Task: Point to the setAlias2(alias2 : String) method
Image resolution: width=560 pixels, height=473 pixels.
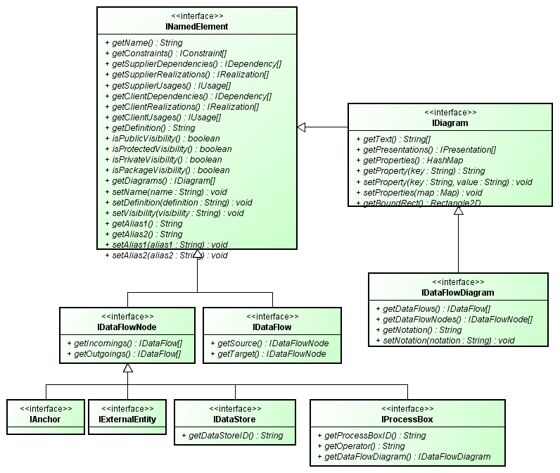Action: pyautogui.click(x=170, y=255)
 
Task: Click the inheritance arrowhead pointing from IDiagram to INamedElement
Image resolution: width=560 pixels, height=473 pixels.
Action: pyautogui.click(x=302, y=127)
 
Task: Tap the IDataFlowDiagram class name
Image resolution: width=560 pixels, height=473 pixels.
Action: pyautogui.click(x=457, y=292)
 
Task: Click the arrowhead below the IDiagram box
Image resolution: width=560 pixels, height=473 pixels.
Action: pyautogui.click(x=458, y=212)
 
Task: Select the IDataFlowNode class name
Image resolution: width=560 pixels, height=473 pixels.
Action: pyautogui.click(x=127, y=327)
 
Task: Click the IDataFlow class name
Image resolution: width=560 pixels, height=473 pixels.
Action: pyautogui.click(x=272, y=327)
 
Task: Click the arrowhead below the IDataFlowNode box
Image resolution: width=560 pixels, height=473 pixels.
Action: pyautogui.click(x=127, y=368)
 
